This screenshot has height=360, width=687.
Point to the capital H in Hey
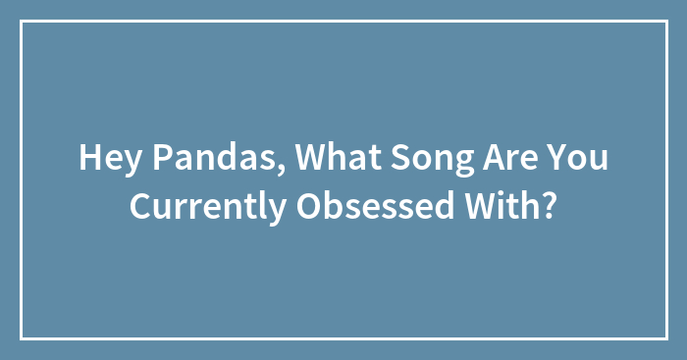pyautogui.click(x=88, y=157)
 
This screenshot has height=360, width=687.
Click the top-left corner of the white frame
pyautogui.click(x=22, y=22)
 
